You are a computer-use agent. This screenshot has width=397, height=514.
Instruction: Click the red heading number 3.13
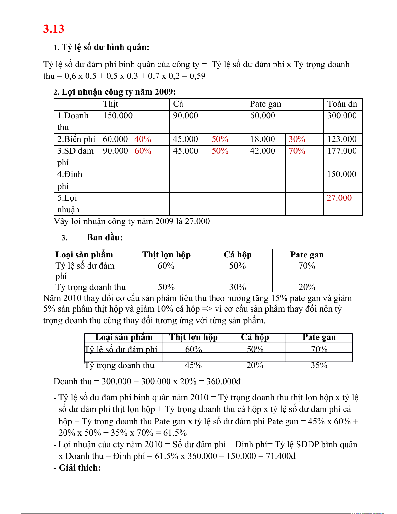click(x=54, y=29)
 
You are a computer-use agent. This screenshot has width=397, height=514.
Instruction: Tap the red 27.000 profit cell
click(x=339, y=198)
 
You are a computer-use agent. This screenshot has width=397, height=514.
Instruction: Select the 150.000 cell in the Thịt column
click(x=118, y=115)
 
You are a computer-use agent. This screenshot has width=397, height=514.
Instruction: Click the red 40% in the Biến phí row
click(x=143, y=139)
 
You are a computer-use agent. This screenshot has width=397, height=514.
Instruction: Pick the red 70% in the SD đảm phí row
click(x=297, y=151)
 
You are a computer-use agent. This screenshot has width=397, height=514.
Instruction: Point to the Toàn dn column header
click(x=342, y=104)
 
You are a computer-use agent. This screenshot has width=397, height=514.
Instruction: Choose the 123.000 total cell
click(x=342, y=139)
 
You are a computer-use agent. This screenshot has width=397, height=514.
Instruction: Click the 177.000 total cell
click(x=342, y=151)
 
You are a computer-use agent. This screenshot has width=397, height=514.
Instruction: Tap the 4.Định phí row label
click(x=70, y=180)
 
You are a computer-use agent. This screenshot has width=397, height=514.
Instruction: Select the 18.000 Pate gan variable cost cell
click(x=263, y=139)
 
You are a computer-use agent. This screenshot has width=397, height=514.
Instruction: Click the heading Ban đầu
click(x=105, y=237)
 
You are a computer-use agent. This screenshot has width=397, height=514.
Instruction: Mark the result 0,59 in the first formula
click(x=197, y=76)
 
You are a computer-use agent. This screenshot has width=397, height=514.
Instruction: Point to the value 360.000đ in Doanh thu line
click(x=223, y=381)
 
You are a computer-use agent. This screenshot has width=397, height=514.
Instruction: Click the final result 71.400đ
click(x=281, y=456)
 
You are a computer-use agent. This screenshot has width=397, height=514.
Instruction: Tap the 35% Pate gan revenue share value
click(x=319, y=365)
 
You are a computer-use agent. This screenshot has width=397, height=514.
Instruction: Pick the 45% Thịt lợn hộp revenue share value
click(x=193, y=365)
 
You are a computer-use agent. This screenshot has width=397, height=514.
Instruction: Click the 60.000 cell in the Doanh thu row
click(x=263, y=115)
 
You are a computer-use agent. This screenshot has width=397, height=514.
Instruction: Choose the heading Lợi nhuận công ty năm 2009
click(x=119, y=92)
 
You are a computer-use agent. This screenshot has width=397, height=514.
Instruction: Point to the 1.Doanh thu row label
click(x=73, y=121)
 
